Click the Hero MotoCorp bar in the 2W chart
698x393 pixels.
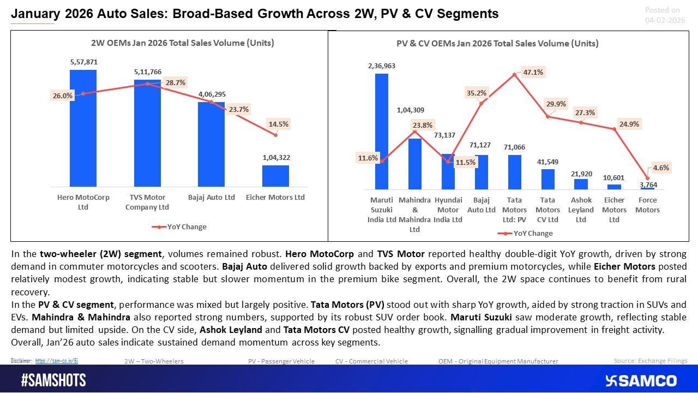tap(83, 128)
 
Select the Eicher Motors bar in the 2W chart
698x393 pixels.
tap(275, 176)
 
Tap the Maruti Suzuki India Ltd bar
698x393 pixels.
tap(382, 131)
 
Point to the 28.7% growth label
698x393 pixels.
tap(176, 83)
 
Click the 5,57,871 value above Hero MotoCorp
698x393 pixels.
tap(83, 63)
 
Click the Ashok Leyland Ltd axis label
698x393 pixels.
tap(581, 210)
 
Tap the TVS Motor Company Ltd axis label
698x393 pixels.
tap(147, 202)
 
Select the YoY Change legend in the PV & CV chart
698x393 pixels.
tap(525, 233)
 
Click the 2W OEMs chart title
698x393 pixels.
tap(182, 43)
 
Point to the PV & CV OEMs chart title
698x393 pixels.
tap(497, 44)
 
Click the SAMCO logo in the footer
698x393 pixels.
tap(641, 380)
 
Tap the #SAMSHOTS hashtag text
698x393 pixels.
tap(53, 380)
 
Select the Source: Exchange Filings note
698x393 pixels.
tap(650, 360)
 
